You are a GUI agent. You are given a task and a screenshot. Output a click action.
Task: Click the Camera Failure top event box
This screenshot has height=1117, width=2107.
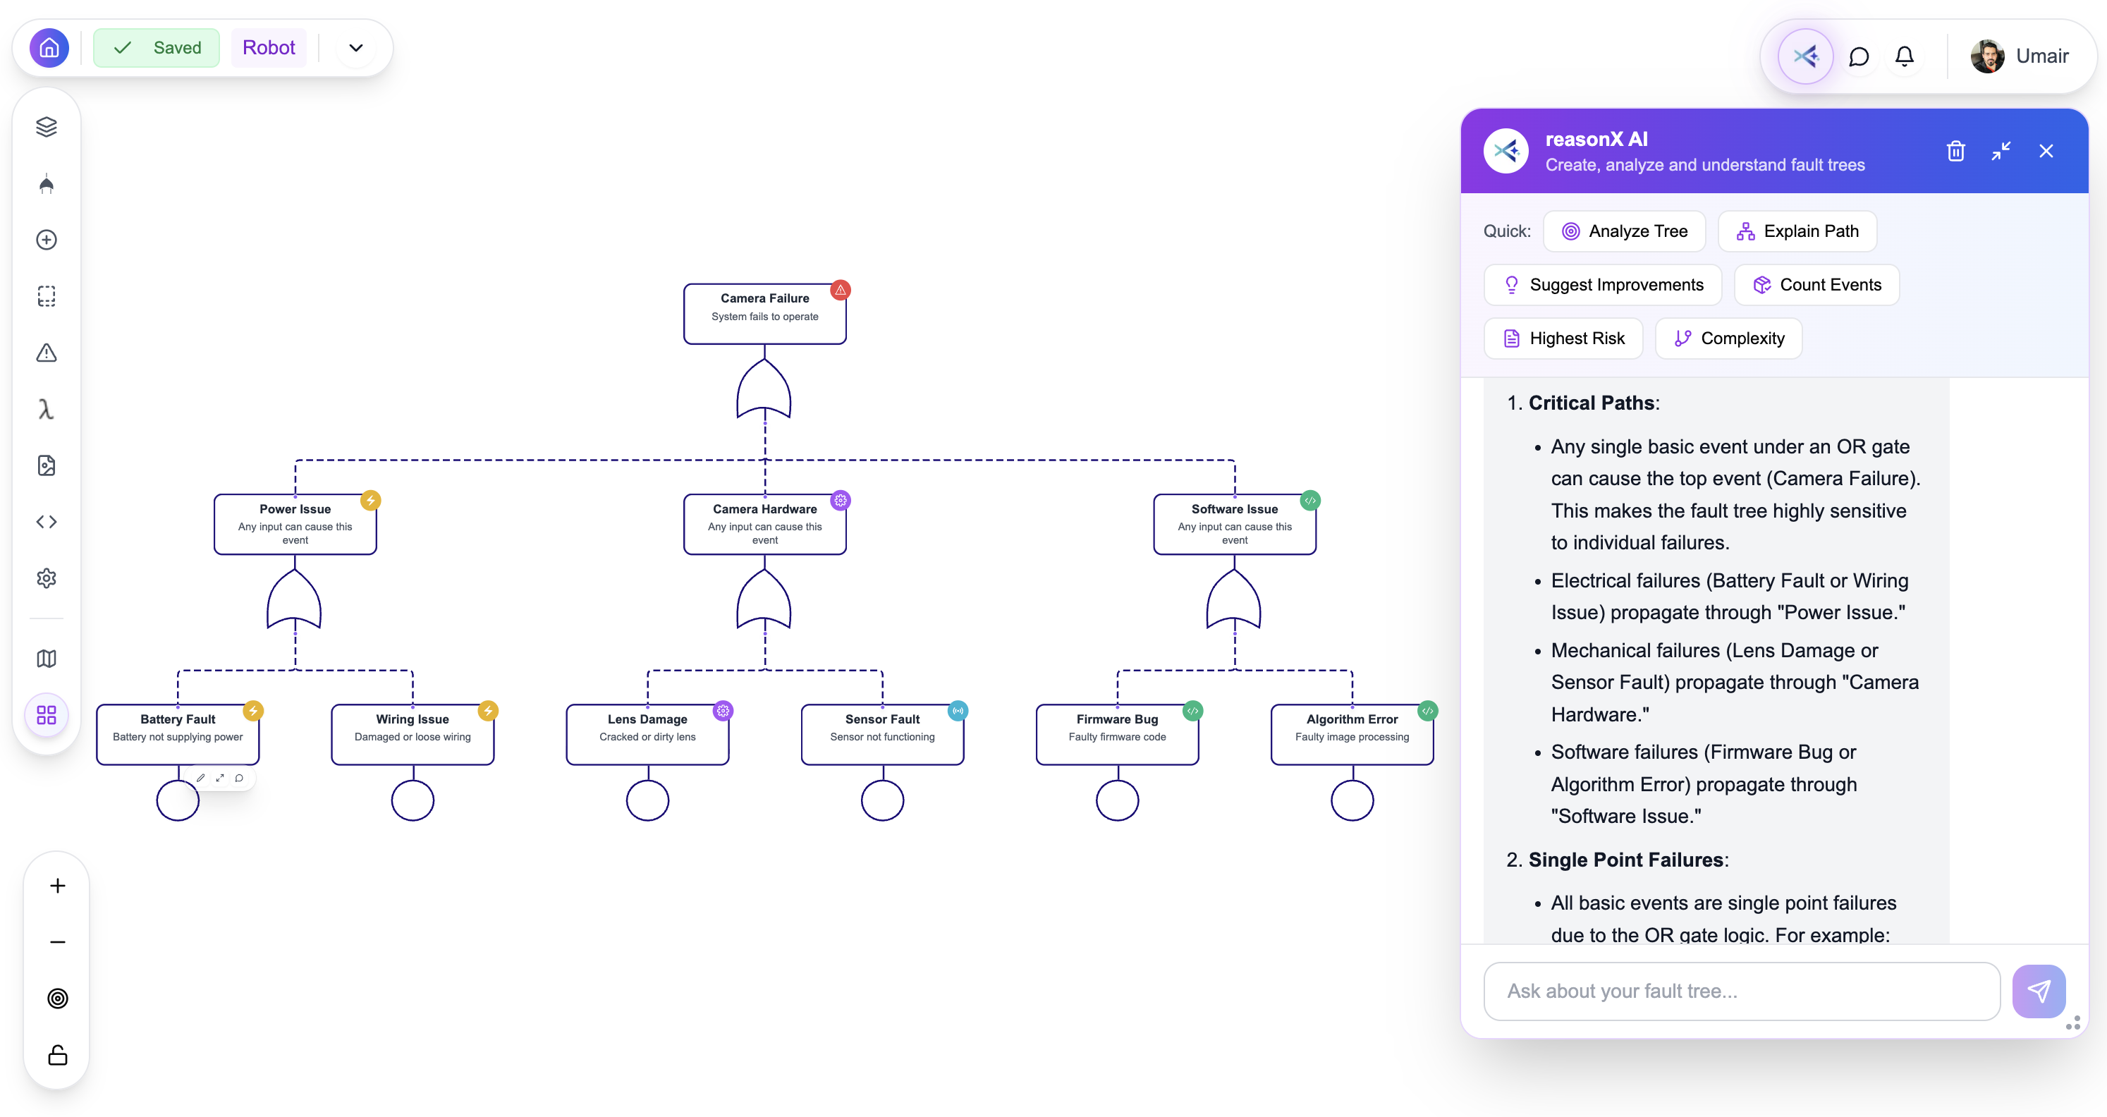pyautogui.click(x=764, y=313)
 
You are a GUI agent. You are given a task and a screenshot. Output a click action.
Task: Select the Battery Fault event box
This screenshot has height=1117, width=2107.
pyautogui.click(x=178, y=733)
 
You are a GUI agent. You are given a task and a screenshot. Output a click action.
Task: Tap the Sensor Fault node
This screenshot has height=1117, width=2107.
pyautogui.click(x=881, y=733)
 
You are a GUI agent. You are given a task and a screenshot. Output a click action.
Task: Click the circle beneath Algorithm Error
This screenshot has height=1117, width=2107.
pyautogui.click(x=1351, y=800)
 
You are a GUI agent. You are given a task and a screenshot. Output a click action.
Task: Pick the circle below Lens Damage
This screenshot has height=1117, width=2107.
pyautogui.click(x=647, y=800)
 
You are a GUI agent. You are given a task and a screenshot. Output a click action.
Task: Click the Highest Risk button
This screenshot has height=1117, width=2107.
pyautogui.click(x=1563, y=338)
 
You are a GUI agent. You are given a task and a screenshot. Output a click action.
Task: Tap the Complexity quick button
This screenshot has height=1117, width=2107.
pyautogui.click(x=1728, y=338)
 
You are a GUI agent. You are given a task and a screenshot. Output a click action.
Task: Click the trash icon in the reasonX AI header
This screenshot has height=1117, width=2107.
pyautogui.click(x=1955, y=152)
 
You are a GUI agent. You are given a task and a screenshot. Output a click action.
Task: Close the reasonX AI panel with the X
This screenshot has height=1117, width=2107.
pyautogui.click(x=2046, y=152)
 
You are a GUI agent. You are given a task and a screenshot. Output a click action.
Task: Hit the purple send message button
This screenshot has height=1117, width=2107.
pyautogui.click(x=2039, y=991)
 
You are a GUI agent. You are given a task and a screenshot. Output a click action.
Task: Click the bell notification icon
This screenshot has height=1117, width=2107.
pyautogui.click(x=1904, y=56)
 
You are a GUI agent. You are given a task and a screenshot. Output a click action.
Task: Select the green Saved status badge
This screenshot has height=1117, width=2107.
pyautogui.click(x=157, y=47)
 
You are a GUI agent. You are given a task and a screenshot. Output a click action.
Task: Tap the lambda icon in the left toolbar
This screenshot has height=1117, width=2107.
pyautogui.click(x=47, y=409)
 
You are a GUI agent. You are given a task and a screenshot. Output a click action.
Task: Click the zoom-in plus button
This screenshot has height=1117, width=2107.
pyautogui.click(x=57, y=886)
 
